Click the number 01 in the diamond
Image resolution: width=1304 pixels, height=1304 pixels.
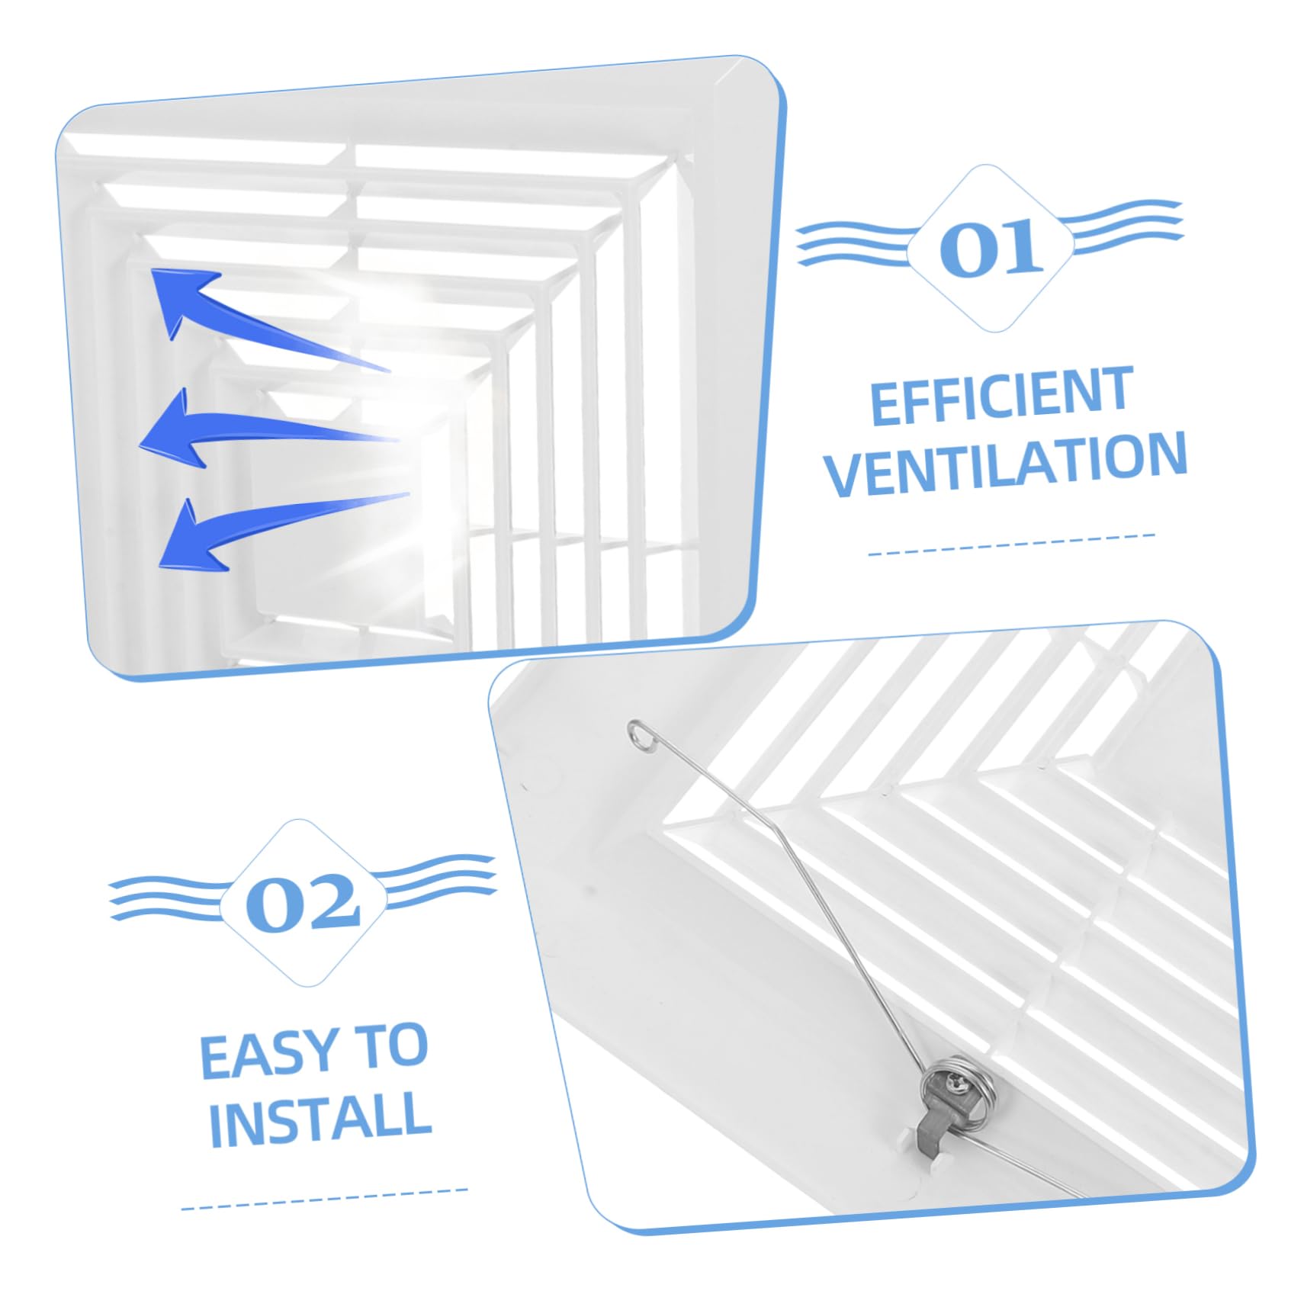coord(991,247)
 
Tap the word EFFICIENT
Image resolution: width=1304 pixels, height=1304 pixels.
coord(1001,396)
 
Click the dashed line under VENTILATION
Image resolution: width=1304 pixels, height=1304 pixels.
coord(1012,544)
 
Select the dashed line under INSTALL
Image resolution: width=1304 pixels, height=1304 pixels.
coord(324,1199)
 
